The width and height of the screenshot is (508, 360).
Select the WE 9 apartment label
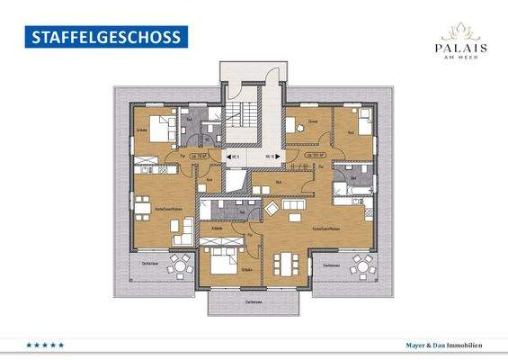[233, 157]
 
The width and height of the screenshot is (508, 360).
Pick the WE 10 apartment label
[271, 157]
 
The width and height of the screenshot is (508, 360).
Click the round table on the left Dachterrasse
[180, 266]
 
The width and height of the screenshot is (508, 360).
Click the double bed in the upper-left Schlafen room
[158, 129]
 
